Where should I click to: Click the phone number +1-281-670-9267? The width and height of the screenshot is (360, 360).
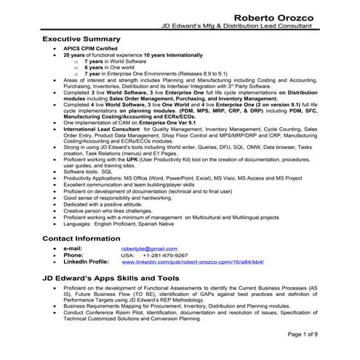(x=165, y=255)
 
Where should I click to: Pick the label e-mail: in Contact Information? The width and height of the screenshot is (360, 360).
(x=73, y=249)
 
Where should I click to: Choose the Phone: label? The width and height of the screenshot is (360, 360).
(x=73, y=255)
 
